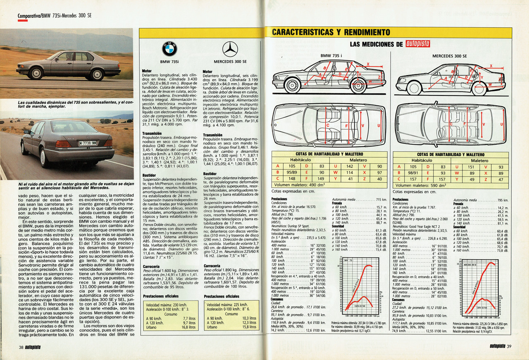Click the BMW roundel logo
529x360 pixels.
point(169,50)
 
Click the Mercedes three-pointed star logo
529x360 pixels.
point(230,50)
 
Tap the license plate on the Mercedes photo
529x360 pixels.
point(88,143)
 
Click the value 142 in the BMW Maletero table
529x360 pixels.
point(350,166)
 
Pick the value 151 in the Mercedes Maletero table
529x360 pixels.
point(471,167)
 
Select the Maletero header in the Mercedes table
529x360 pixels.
point(479,160)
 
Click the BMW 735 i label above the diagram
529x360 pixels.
point(331,56)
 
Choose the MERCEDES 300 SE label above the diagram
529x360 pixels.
point(450,56)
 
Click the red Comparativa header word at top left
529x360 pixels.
point(29,16)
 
